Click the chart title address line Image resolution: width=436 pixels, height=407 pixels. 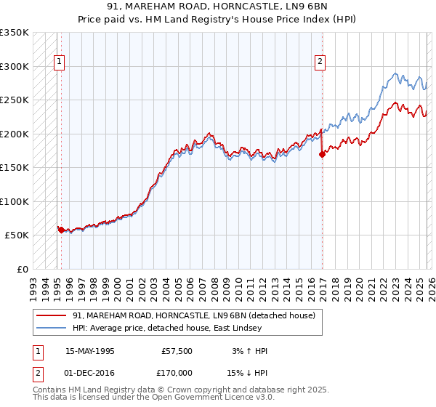[x=217, y=7]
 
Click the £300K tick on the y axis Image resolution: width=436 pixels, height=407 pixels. [x=15, y=66]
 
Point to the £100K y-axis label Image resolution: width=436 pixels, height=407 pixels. [x=15, y=201]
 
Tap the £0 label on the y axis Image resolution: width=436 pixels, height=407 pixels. [x=22, y=269]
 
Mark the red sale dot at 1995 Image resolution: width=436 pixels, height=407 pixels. [x=61, y=230]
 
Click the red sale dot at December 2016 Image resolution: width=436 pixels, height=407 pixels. [x=322, y=154]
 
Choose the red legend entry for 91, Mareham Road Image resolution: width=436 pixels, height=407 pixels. [x=193, y=315]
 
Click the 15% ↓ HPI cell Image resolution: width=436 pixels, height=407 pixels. [x=248, y=372]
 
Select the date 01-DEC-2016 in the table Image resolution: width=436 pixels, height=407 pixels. [x=89, y=372]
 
